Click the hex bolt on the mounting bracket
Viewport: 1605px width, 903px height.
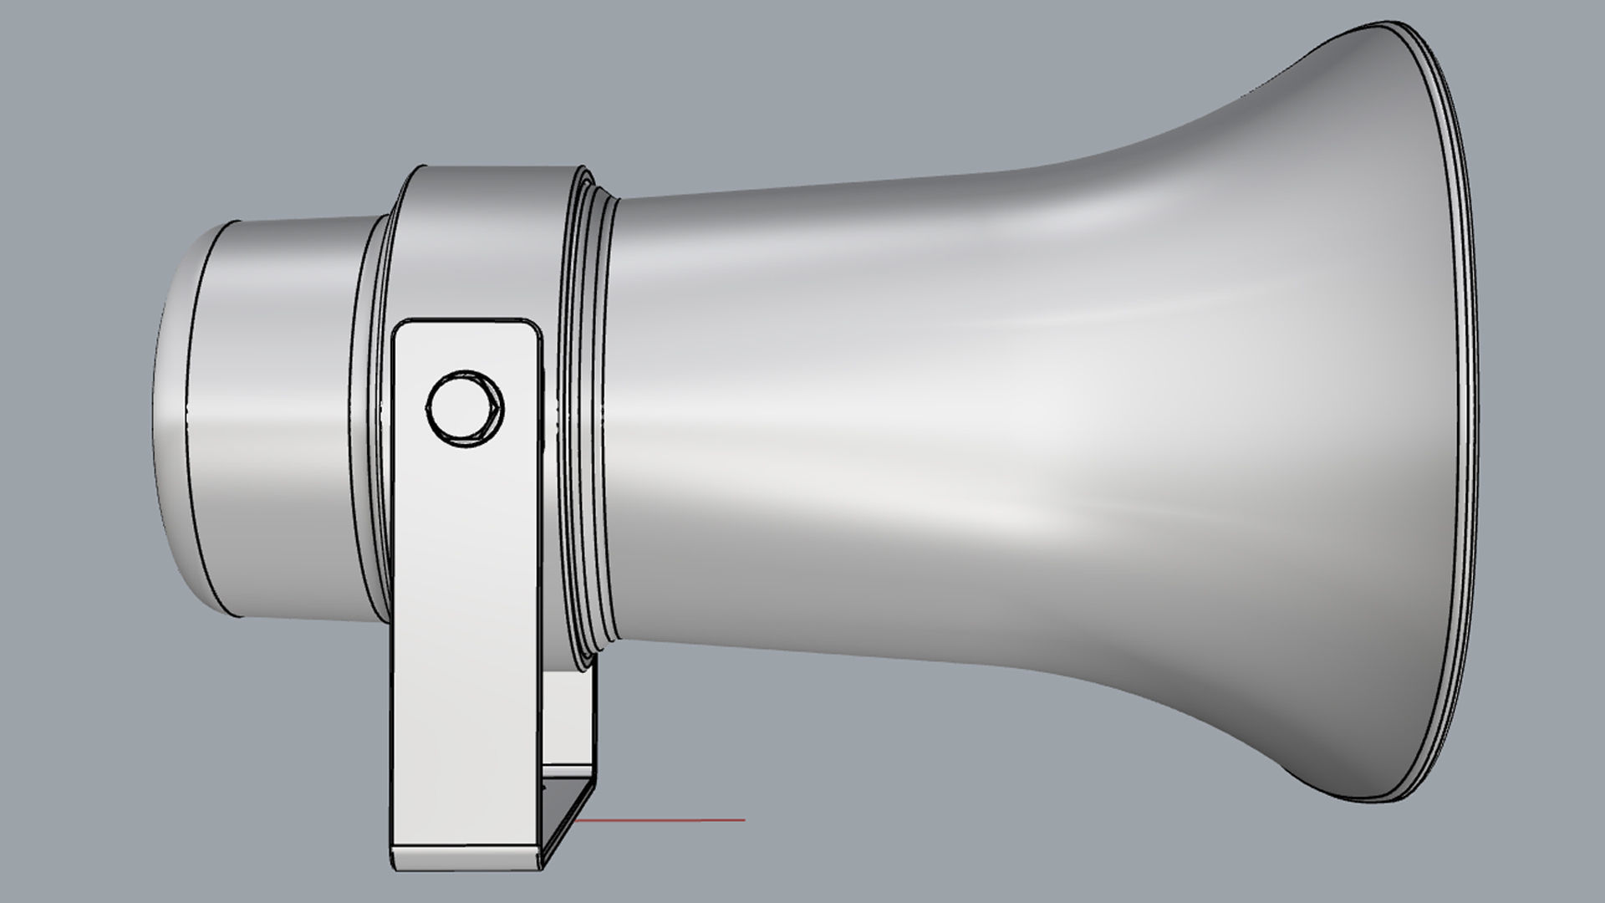tap(465, 408)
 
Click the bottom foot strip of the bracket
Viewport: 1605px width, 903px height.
tap(465, 857)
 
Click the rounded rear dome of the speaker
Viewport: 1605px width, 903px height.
tap(171, 418)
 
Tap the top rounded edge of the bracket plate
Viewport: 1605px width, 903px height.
tap(465, 321)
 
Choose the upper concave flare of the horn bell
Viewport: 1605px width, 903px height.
tap(1212, 125)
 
